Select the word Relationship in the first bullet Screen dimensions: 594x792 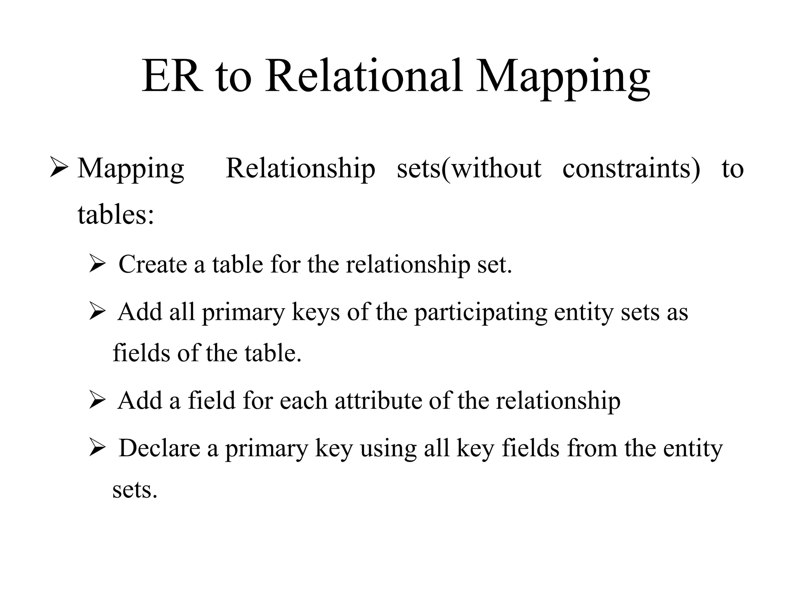point(300,169)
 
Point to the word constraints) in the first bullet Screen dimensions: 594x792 point(631,169)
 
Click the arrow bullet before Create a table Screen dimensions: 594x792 point(97,265)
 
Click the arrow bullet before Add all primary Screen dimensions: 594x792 point(97,312)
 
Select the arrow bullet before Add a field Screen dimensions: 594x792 point(97,401)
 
